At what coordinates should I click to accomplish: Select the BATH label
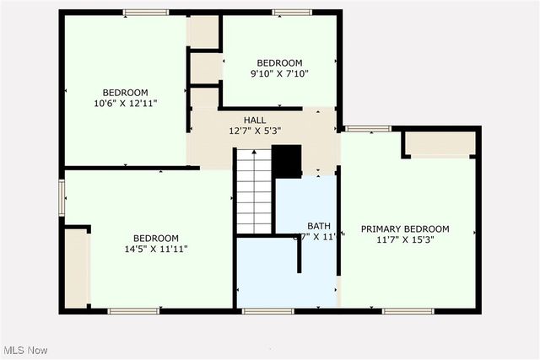click(318, 225)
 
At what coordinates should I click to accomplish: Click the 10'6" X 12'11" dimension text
click(126, 103)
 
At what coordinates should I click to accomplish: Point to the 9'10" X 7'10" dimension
click(279, 73)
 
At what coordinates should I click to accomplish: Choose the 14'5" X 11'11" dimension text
click(155, 249)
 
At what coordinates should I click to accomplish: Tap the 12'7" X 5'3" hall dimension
click(255, 131)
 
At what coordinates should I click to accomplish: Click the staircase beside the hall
click(254, 191)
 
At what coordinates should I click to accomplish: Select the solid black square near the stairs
click(287, 161)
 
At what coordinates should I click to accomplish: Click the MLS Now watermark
click(26, 350)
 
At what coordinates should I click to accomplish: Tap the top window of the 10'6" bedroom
click(147, 13)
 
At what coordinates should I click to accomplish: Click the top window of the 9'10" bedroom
click(292, 13)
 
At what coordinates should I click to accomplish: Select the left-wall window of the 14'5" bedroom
click(62, 197)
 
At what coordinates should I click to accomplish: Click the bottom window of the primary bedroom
click(408, 311)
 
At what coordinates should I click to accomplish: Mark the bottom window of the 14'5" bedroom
click(133, 311)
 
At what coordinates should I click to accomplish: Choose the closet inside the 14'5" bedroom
click(77, 266)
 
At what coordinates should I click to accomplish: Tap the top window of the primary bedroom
click(366, 129)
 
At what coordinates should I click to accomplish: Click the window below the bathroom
click(256, 311)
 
